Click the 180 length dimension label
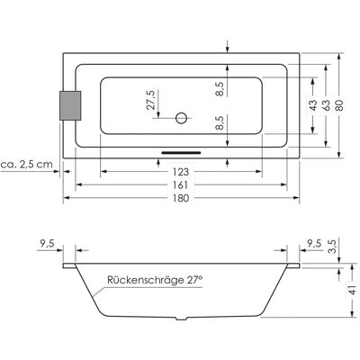point(181,198)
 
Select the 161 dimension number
point(180,185)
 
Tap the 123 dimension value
point(181,172)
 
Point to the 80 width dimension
point(339,105)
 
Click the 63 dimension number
point(326,105)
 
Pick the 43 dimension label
point(312,105)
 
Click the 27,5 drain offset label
point(151,100)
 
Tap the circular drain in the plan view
point(181,118)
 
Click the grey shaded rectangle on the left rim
point(70,105)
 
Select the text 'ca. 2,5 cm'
point(26,165)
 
